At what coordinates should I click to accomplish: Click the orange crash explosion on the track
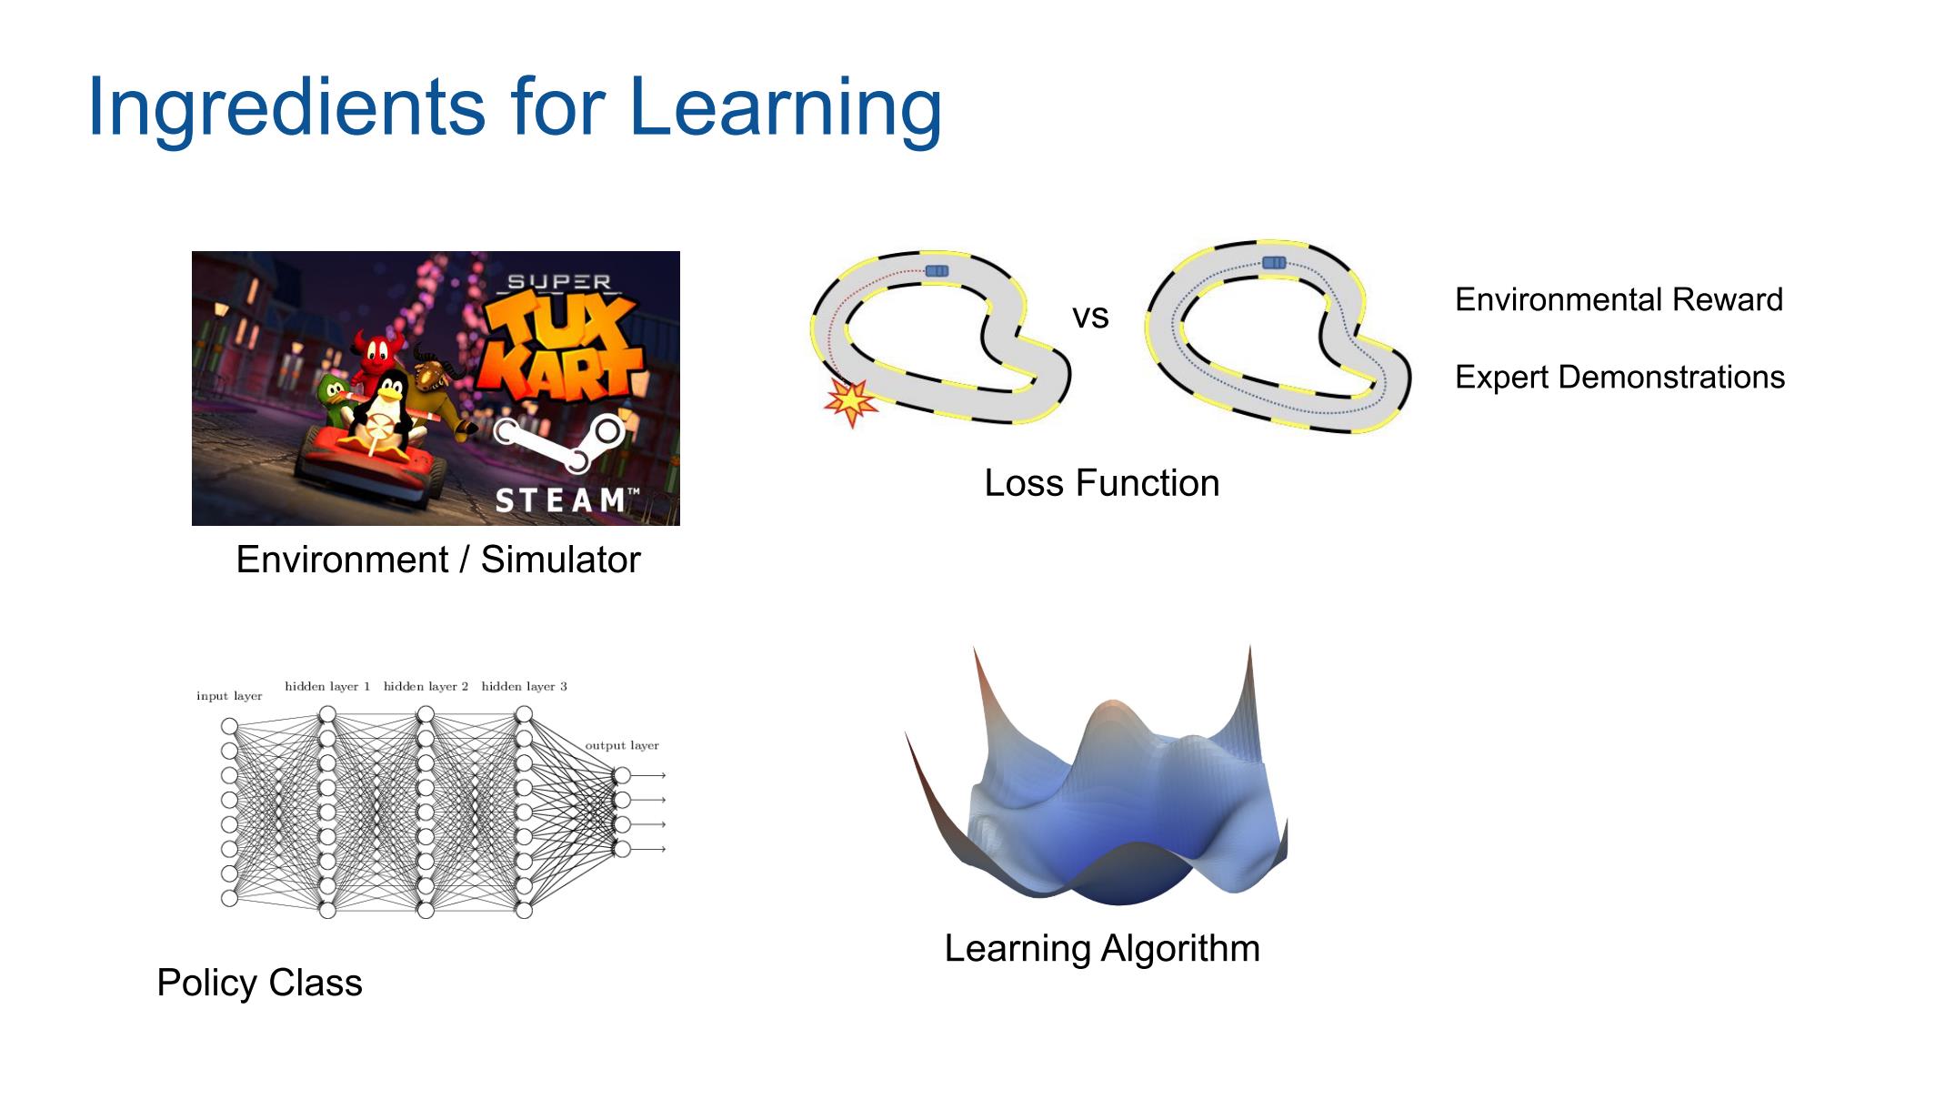(851, 402)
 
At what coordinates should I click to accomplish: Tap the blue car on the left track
(937, 271)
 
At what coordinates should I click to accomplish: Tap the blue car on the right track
(1274, 263)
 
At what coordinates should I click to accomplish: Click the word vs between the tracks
(1090, 317)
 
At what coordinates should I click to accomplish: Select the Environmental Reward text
(1619, 299)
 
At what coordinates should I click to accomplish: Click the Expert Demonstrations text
(1619, 377)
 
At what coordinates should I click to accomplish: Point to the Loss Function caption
(1102, 483)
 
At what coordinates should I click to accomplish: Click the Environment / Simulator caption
(438, 560)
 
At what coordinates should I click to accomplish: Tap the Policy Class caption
(259, 983)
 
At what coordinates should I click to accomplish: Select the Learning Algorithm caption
(1102, 948)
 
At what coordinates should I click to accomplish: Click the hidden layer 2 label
(426, 686)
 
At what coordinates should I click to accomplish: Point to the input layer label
(229, 696)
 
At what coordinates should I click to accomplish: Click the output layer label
(622, 745)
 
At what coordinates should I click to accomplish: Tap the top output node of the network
(622, 775)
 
